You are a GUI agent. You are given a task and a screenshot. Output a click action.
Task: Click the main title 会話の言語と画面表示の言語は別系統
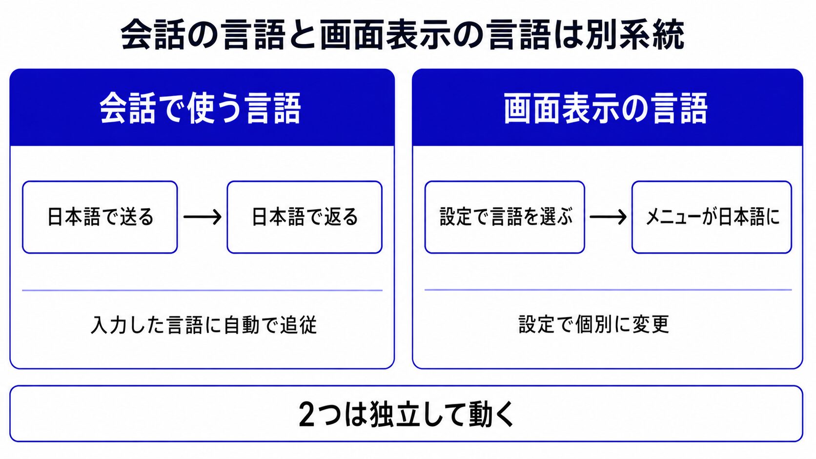[x=403, y=35]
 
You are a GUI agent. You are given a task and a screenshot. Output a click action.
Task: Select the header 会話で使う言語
[x=201, y=108]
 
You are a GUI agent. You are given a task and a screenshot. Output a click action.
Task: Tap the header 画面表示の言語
[x=606, y=108]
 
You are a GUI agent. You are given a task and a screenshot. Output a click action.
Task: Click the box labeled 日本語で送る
[x=100, y=217]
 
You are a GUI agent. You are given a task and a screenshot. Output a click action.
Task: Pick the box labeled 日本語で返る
[x=305, y=217]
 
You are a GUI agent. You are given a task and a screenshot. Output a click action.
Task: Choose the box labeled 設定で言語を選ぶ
[x=505, y=217]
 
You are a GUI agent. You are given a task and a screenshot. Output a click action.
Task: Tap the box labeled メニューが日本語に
[x=712, y=217]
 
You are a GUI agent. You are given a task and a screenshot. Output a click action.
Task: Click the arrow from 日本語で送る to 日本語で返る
[x=203, y=217]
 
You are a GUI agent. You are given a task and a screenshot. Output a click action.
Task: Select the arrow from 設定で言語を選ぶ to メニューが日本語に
[x=609, y=217]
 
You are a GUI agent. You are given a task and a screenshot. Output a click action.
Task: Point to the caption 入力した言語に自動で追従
[x=204, y=325]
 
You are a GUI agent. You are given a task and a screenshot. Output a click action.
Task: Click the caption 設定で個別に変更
[x=594, y=324]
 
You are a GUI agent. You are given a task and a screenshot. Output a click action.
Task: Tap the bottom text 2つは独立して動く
[x=407, y=414]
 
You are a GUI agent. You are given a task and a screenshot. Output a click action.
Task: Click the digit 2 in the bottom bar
[x=306, y=415]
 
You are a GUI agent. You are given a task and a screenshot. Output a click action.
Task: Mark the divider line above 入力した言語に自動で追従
[x=202, y=290]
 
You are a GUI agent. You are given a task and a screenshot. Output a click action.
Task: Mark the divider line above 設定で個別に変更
[x=609, y=290]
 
